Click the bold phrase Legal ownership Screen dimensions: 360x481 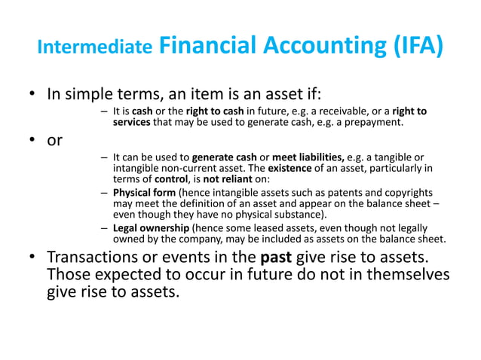coord(152,227)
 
